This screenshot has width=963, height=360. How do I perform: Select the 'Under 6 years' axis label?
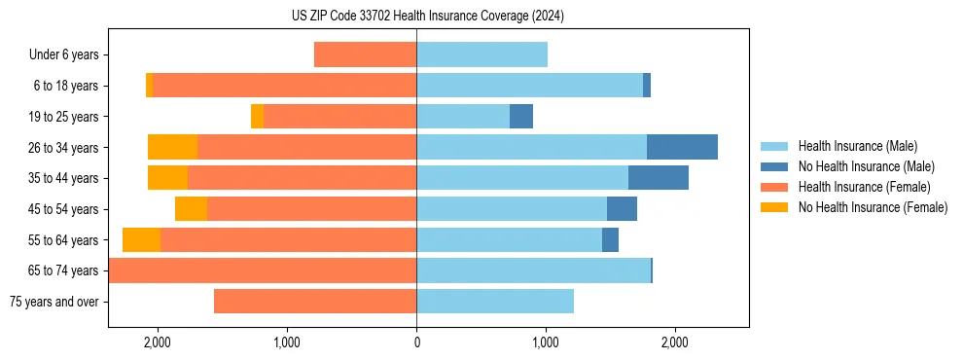click(x=63, y=55)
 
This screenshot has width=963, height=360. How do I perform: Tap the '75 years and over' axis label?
click(x=53, y=302)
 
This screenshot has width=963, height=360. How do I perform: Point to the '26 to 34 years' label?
click(x=63, y=148)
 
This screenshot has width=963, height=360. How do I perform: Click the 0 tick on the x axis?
click(x=416, y=342)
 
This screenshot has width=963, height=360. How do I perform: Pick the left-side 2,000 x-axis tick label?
click(x=158, y=342)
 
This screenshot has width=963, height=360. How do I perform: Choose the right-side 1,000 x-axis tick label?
click(x=546, y=342)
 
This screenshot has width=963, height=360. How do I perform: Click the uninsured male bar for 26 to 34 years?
click(x=682, y=147)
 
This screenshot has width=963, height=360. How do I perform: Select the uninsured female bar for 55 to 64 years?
click(x=141, y=239)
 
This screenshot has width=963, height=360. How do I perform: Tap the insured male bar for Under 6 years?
click(x=481, y=54)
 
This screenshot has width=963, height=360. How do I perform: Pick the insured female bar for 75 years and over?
click(x=315, y=302)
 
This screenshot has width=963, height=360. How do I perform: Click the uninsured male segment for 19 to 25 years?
click(x=521, y=116)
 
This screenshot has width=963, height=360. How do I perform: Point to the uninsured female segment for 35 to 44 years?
click(x=167, y=178)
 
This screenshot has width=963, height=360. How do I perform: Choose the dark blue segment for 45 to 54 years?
click(x=622, y=208)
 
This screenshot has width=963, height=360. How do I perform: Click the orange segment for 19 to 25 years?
click(x=257, y=116)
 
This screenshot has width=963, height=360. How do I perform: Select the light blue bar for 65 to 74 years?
click(x=533, y=270)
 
